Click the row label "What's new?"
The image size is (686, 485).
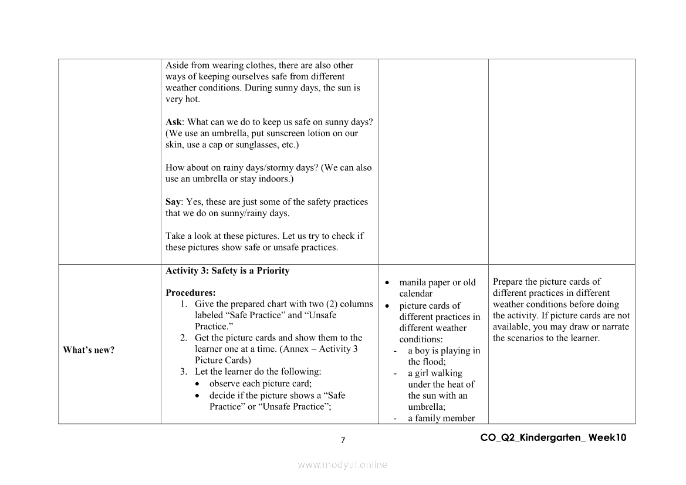[89, 350]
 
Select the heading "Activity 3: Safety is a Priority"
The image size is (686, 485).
[227, 271]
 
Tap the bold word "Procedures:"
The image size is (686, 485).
[191, 292]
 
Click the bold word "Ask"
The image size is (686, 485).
[174, 122]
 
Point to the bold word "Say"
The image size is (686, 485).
[173, 202]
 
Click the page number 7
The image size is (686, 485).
[343, 440]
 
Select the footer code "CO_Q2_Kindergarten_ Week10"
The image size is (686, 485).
[553, 437]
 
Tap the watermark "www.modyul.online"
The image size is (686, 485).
[343, 464]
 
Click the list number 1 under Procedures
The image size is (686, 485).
[184, 304]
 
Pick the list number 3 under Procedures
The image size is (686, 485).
[184, 372]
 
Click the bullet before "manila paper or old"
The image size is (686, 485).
[387, 283]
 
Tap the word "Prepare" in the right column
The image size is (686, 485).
[508, 282]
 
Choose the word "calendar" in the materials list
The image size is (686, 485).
[415, 294]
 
